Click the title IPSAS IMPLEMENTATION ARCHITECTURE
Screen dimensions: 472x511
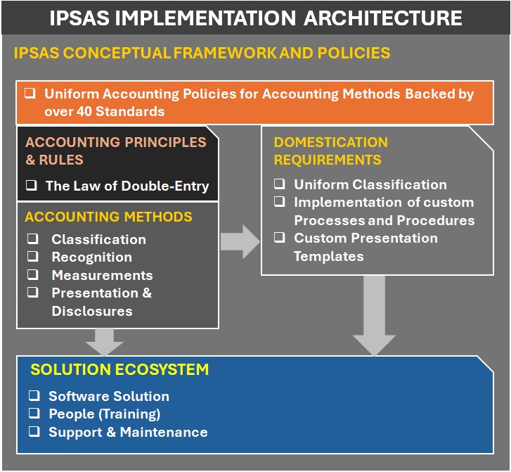(255, 18)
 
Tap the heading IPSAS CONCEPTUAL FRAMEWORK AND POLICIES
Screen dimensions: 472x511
(202, 53)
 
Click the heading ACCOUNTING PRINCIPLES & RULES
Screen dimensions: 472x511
(116, 151)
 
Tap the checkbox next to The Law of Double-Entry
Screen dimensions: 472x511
(32, 186)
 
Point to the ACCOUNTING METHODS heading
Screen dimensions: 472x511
(108, 217)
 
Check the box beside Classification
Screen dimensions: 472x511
(32, 239)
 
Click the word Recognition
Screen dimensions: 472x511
(91, 257)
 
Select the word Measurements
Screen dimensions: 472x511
(102, 275)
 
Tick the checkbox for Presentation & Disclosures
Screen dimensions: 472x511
(32, 293)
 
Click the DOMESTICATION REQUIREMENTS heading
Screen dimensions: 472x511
(330, 151)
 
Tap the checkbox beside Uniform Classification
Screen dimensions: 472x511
(280, 184)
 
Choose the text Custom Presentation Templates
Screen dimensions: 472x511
(366, 247)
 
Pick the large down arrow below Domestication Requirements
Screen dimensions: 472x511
(374, 317)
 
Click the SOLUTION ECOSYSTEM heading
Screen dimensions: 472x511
(119, 369)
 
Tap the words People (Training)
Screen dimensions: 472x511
(104, 414)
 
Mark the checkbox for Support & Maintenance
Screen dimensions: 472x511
(34, 431)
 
